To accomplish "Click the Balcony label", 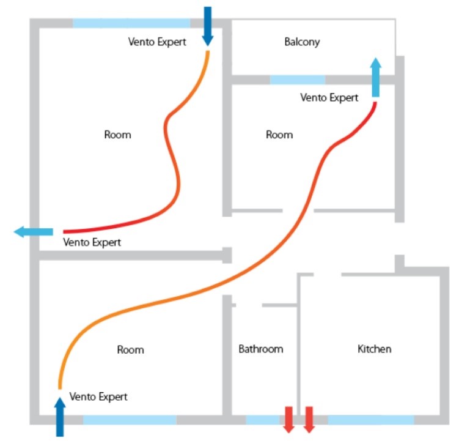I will (x=302, y=42).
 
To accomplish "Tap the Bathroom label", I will (x=261, y=349).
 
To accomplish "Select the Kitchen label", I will (x=374, y=349).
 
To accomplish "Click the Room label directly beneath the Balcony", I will (x=279, y=135).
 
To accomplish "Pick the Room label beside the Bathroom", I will (x=130, y=350).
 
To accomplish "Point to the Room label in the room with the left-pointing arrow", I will (x=117, y=135).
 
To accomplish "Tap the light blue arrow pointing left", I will (x=34, y=232).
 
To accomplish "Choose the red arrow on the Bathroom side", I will (x=288, y=419).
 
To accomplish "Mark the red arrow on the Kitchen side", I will (x=309, y=419).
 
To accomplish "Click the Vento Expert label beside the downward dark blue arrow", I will (x=157, y=42).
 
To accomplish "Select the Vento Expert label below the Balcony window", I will (x=329, y=97).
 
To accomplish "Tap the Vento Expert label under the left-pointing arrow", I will (x=92, y=242).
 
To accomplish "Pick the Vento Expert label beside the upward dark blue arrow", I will (x=98, y=396).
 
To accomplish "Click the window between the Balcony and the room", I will (x=298, y=80).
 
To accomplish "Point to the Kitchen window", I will (x=370, y=420).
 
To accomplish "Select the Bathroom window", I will (x=263, y=420).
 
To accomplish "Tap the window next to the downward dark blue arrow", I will (x=131, y=23).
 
